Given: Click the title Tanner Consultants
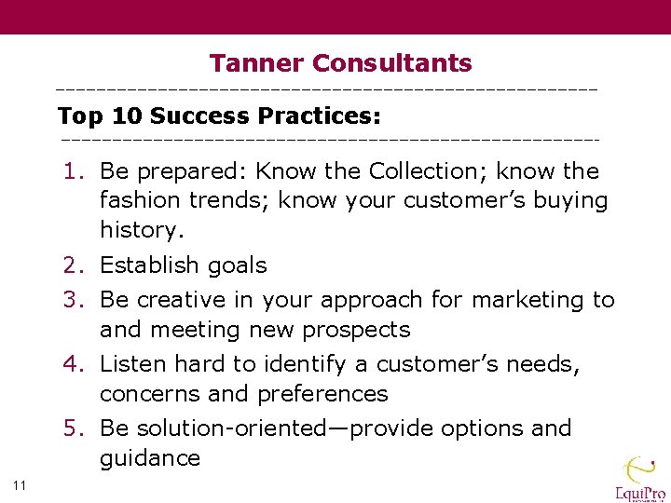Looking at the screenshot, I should tap(340, 63).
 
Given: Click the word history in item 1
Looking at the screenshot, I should tap(140, 230).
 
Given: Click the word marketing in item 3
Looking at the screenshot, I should tap(528, 300).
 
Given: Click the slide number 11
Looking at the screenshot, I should tap(20, 483).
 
